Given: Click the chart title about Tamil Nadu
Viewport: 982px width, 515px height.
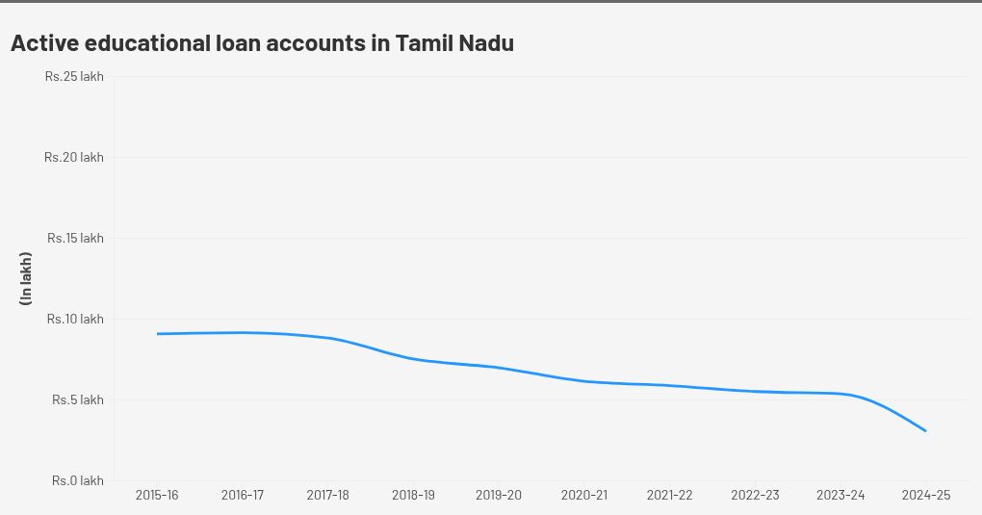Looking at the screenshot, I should [262, 43].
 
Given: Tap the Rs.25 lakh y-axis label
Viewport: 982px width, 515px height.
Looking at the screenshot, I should [74, 76].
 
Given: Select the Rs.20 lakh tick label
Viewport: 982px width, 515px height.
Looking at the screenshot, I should [74, 157].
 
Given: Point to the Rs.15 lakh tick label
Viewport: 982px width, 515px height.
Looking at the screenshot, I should [75, 238].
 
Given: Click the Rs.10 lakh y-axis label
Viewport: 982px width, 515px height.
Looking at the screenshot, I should [75, 319].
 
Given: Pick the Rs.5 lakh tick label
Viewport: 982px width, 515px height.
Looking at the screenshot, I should [78, 399].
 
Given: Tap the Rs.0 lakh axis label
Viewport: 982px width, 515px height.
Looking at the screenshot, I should [78, 480].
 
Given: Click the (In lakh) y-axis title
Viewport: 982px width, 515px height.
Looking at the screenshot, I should [26, 279].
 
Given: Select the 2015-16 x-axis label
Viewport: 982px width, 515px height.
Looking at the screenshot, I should [157, 495].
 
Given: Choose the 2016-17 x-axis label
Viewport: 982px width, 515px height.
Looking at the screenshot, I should [243, 495].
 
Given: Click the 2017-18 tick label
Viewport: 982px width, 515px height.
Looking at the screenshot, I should [328, 495].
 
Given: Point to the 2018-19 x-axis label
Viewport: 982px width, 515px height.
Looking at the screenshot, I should [413, 495].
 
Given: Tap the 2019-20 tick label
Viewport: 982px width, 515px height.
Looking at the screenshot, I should [499, 495].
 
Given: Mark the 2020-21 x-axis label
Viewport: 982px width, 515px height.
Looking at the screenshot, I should [584, 495].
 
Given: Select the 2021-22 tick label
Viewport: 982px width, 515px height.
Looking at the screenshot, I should [670, 495].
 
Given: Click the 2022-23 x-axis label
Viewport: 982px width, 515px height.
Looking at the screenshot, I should [756, 495].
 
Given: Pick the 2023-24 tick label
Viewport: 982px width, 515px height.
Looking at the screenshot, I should [840, 495].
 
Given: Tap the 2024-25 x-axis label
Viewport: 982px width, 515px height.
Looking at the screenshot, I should [926, 495].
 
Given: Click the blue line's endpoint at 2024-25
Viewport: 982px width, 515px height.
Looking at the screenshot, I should [926, 430].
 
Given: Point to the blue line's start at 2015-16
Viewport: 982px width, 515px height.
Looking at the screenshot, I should [157, 334].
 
